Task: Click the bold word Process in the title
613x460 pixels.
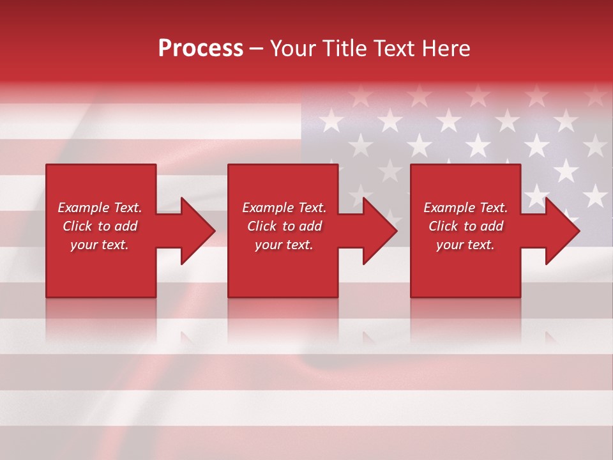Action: pos(201,49)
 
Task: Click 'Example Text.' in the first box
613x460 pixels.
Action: pos(100,208)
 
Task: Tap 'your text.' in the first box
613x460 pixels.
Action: pos(100,245)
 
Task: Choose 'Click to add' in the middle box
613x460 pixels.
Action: pos(284,226)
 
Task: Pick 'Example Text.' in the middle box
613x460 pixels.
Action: pos(284,208)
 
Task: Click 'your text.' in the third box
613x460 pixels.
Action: pos(465,245)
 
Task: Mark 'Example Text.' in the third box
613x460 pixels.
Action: pos(465,208)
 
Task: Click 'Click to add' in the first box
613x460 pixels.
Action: pos(100,226)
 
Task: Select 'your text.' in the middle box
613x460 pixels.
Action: pos(284,245)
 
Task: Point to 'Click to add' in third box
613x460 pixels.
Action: pos(465,226)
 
